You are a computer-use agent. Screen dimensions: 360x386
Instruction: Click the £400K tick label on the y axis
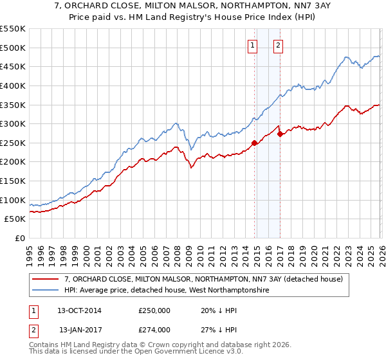tap(13, 85)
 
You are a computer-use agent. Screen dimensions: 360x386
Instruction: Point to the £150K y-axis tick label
tap(13, 181)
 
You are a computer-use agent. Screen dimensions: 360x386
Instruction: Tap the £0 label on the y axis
tap(19, 239)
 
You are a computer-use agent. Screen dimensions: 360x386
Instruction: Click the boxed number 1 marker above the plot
tap(252, 45)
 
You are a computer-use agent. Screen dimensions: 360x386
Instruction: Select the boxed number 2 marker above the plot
tap(278, 45)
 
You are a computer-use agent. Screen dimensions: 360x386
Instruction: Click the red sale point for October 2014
tap(254, 143)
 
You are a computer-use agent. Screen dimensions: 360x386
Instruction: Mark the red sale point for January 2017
tap(280, 134)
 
